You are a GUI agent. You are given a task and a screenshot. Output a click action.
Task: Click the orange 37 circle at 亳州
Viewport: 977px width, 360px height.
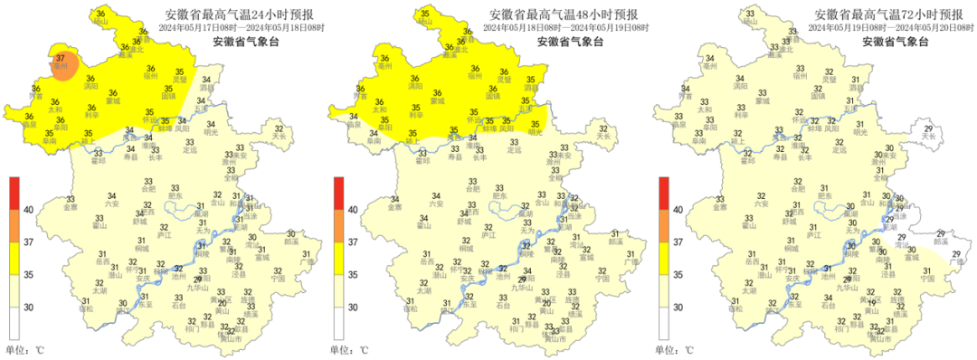[x=62, y=64]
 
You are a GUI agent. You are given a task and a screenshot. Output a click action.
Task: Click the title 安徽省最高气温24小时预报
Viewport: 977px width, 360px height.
[x=232, y=14]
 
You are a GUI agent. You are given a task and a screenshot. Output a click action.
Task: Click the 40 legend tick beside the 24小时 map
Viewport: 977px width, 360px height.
[x=28, y=209]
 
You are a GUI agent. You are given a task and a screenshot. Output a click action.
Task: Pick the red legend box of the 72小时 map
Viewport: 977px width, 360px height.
[x=665, y=193]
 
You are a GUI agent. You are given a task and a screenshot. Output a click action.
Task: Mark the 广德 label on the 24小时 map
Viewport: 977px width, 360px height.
[x=307, y=263]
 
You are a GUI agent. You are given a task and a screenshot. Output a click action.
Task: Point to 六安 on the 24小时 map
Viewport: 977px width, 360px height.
[x=113, y=204]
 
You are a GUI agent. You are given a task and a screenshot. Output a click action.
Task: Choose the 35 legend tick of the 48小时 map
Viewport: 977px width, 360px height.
[x=354, y=275]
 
